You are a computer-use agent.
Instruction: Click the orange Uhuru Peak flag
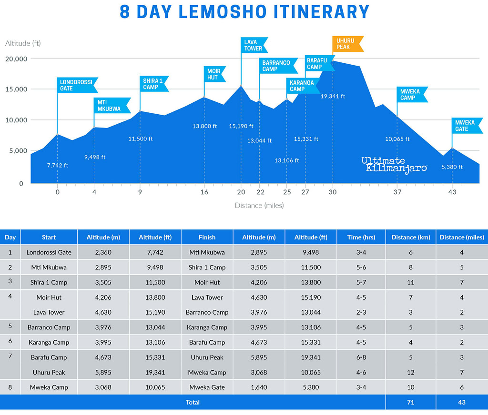(347, 44)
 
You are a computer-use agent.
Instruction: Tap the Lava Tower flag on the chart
(254, 45)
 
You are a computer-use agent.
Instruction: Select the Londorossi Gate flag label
(76, 85)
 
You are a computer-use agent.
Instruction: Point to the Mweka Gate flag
(464, 126)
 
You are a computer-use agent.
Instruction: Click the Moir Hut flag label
(214, 74)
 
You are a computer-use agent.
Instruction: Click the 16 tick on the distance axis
(204, 192)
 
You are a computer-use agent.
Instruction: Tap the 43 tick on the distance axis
(452, 192)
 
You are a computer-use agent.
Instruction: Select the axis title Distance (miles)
(259, 206)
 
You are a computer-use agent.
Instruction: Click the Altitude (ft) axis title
(23, 43)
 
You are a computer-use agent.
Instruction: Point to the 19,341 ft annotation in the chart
(333, 96)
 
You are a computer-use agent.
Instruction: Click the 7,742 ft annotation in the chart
(58, 166)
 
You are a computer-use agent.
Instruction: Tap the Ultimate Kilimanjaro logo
(394, 165)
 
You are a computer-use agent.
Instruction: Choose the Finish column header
(207, 237)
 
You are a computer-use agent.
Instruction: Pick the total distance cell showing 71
(411, 402)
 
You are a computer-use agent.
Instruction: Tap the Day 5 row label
(10, 327)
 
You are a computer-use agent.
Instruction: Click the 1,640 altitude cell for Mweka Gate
(259, 387)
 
